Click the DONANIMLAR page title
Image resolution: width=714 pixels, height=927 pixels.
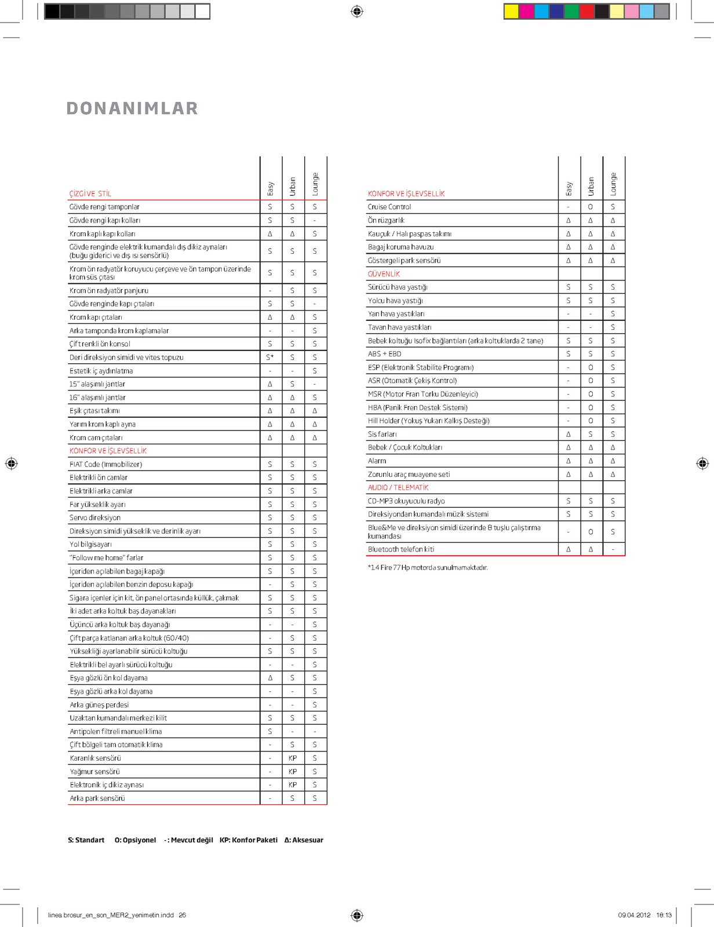coord(132,108)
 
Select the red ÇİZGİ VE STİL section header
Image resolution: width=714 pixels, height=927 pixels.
coord(90,194)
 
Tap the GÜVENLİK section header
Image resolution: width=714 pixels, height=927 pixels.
coord(384,274)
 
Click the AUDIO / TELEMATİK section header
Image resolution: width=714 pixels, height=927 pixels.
coord(398,487)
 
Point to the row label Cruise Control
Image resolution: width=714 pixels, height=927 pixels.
coord(389,207)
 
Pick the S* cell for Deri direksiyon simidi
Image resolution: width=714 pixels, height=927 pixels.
coord(270,357)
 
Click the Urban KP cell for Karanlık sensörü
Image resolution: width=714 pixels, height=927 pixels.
coord(293,758)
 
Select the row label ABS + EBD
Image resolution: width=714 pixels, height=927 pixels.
coord(384,354)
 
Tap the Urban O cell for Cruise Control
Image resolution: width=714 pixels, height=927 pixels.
coord(591,207)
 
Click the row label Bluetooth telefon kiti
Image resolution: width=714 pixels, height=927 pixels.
coord(401,549)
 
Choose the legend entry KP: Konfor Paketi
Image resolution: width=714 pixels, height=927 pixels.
coord(249,840)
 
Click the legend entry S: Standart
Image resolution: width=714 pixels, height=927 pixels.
coord(86,840)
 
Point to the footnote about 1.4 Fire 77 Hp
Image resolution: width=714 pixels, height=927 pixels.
coord(428,568)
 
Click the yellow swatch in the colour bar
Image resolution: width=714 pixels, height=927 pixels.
coord(511,11)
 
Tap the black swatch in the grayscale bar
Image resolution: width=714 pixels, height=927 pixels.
coord(52,11)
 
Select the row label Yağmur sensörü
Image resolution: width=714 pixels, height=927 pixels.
coord(95,772)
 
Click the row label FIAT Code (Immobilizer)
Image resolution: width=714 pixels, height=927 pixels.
coord(106,464)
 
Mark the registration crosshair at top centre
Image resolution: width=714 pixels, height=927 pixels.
coord(357,11)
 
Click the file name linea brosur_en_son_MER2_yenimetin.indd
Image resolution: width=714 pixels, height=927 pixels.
coord(111,915)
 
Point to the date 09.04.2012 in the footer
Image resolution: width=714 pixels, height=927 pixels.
coord(634,915)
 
